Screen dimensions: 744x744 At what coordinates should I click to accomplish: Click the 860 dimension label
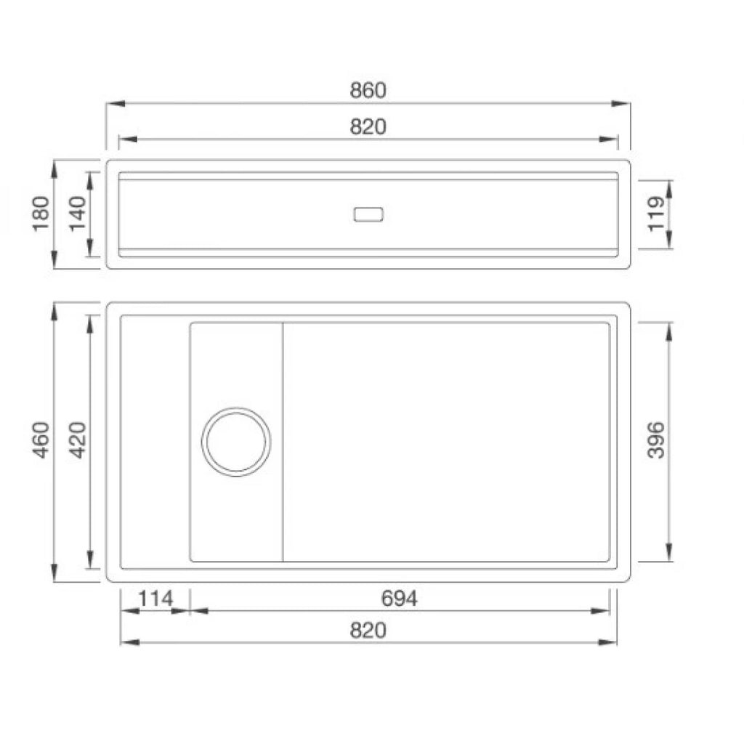368,90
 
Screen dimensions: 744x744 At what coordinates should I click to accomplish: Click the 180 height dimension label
41,214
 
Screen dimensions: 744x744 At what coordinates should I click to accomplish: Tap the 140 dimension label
78,214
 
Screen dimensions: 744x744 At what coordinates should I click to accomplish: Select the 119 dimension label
657,214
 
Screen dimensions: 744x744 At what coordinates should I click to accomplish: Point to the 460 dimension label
41,440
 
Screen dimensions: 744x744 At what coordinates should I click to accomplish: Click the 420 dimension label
78,440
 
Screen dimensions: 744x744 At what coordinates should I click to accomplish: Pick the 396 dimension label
656,440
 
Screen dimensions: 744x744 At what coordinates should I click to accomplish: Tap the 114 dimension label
155,599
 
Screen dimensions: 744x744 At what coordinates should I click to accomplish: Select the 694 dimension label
399,599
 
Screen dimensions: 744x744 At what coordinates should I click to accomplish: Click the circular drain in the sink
236,408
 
